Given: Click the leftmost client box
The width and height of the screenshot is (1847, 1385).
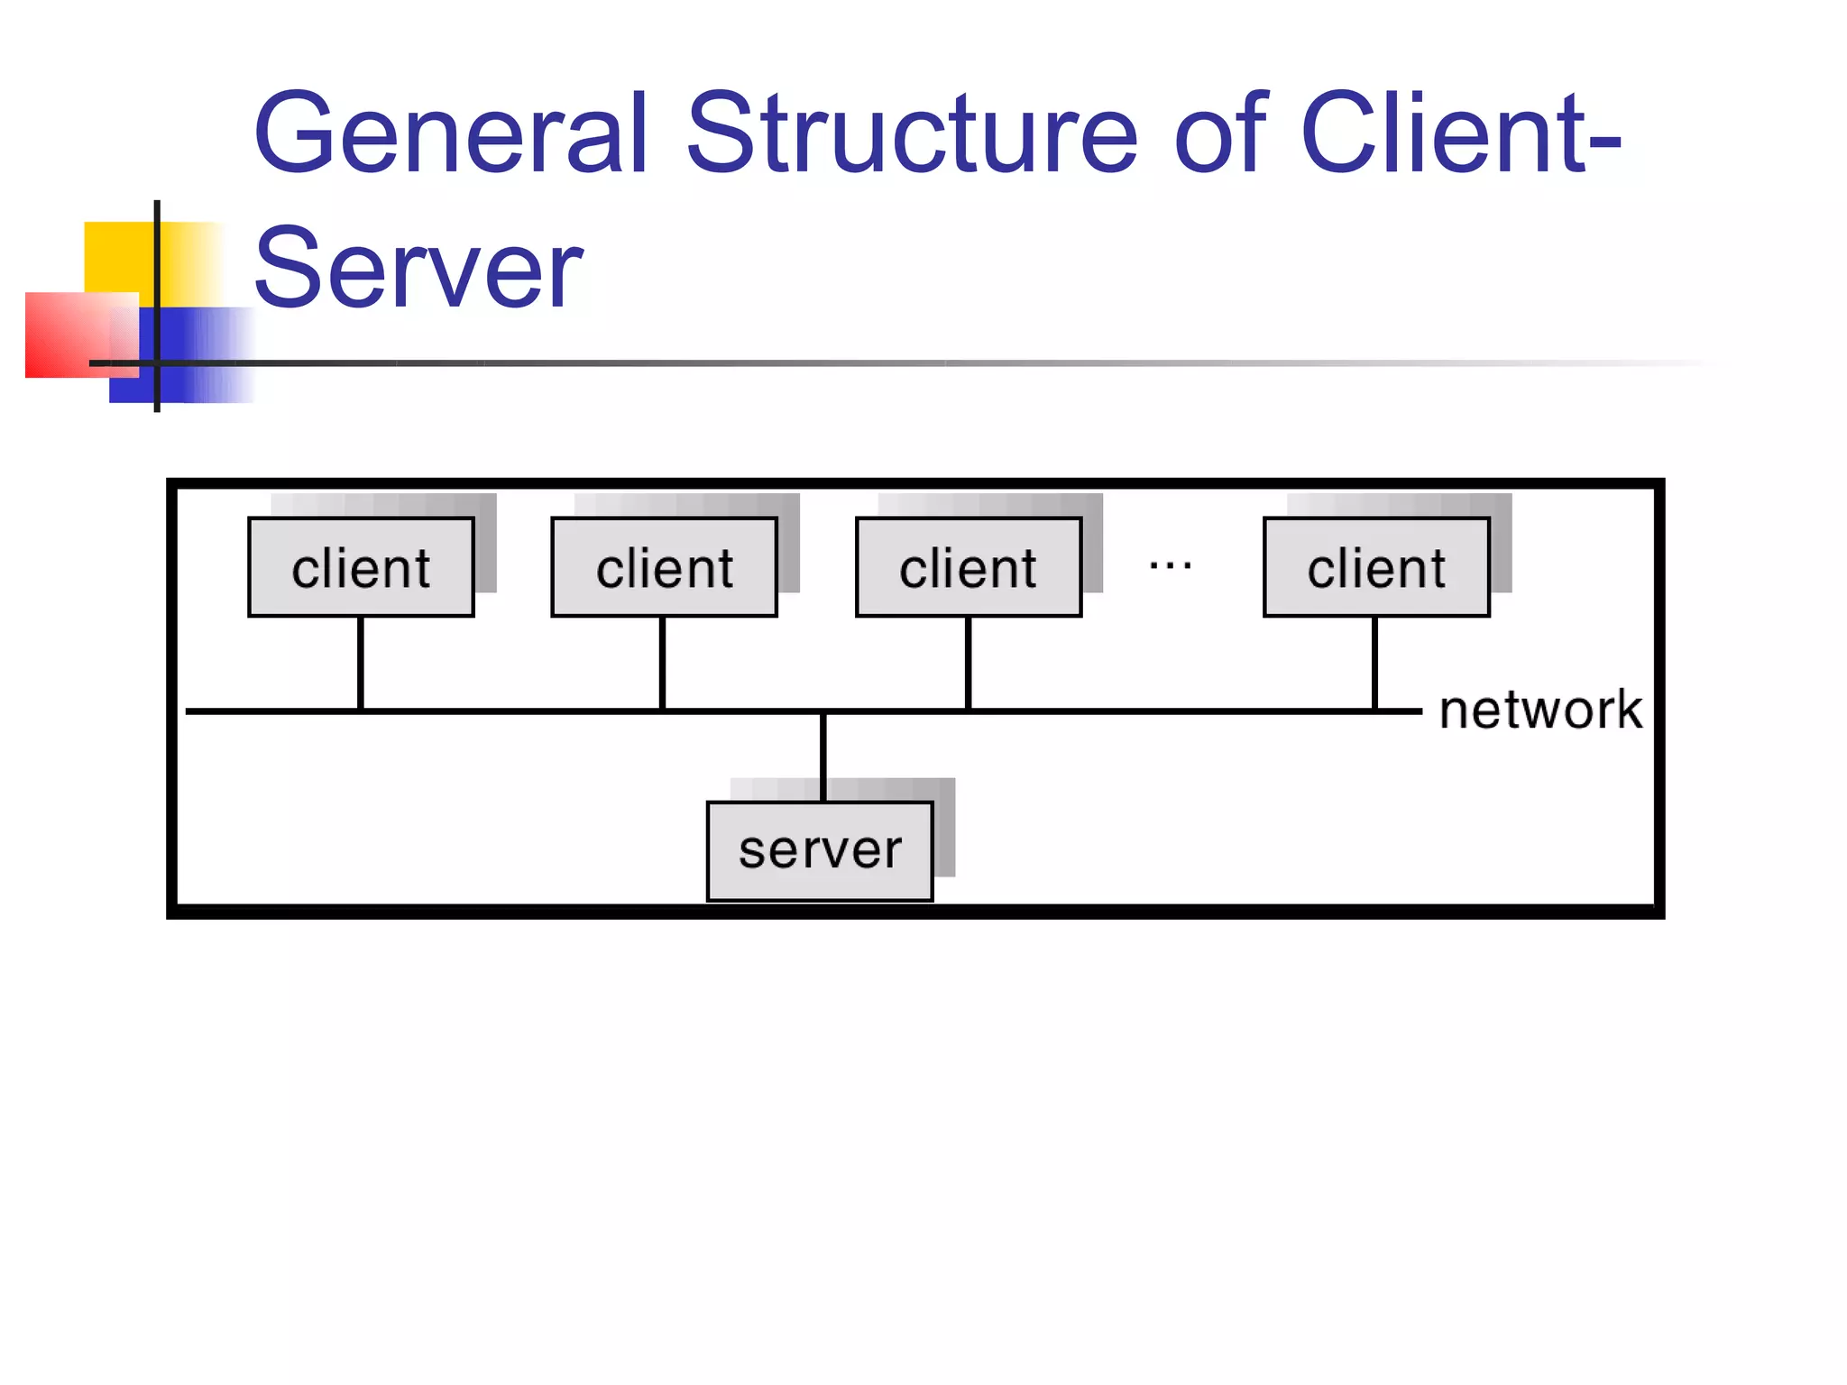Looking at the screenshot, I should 361,567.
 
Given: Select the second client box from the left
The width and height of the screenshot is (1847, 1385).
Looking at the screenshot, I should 664,567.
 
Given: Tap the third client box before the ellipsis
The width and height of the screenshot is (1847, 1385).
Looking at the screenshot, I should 968,567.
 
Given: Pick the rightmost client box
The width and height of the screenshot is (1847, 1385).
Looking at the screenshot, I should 1376,567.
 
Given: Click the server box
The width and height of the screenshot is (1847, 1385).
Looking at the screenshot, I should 820,850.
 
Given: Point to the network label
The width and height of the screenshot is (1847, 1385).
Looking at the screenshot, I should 1540,710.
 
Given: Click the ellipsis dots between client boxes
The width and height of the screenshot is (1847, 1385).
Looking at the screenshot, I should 1171,566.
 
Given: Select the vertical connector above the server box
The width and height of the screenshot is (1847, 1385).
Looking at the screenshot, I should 823,756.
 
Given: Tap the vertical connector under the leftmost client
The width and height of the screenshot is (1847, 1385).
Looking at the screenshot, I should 361,664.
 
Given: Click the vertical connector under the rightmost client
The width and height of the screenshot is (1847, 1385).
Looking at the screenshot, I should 1374,664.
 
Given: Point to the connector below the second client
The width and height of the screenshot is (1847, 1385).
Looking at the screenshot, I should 662,664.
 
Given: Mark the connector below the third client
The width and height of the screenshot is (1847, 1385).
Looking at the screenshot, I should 968,664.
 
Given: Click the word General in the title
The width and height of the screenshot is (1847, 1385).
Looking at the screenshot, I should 451,133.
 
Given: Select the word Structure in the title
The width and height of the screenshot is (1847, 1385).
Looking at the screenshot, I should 911,133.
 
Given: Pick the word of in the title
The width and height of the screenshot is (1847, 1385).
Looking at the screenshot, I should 1221,133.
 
